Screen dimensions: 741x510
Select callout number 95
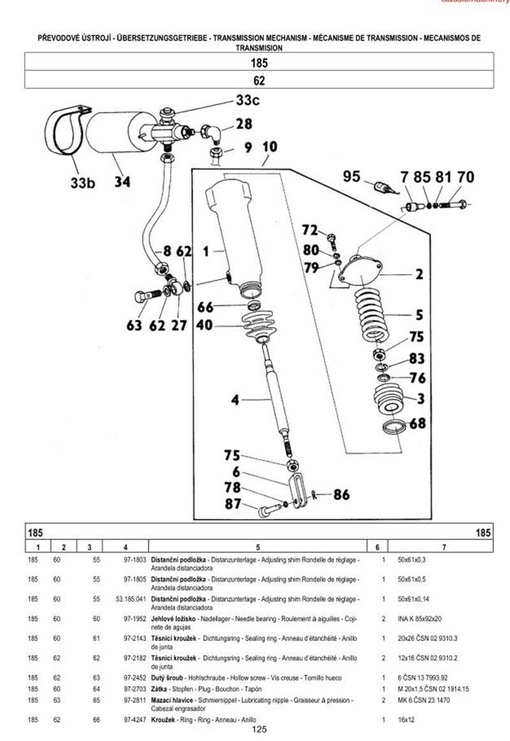351,176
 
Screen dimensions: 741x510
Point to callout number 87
232,505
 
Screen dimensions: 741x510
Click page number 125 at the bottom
259,730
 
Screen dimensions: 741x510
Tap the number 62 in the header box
258,80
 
